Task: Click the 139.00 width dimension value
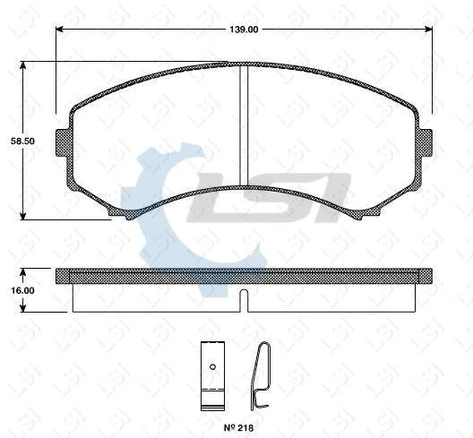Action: point(244,30)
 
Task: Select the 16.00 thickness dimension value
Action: point(23,290)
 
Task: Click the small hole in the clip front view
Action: point(211,365)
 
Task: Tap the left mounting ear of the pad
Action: point(63,142)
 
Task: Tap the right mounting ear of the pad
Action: point(425,142)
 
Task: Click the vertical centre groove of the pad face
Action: point(243,125)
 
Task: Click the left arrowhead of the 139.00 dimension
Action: point(60,30)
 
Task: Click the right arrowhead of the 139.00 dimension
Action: point(429,30)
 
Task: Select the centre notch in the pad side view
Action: point(244,299)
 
